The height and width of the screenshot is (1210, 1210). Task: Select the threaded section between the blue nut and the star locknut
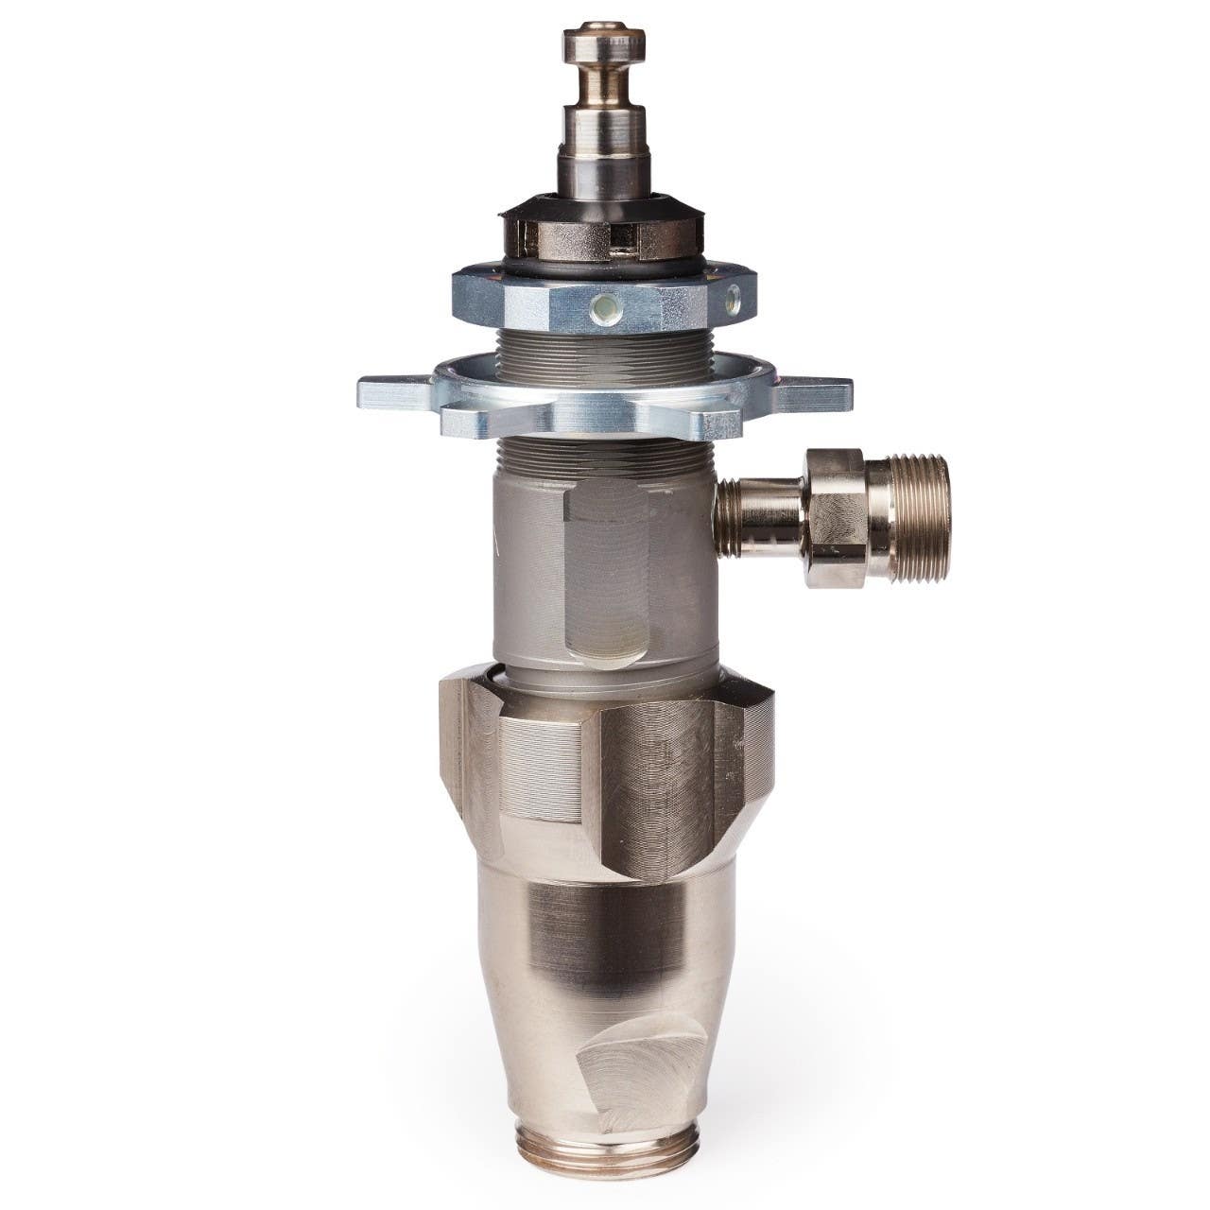tap(605, 352)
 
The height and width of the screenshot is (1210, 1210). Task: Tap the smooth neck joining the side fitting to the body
tap(756, 515)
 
